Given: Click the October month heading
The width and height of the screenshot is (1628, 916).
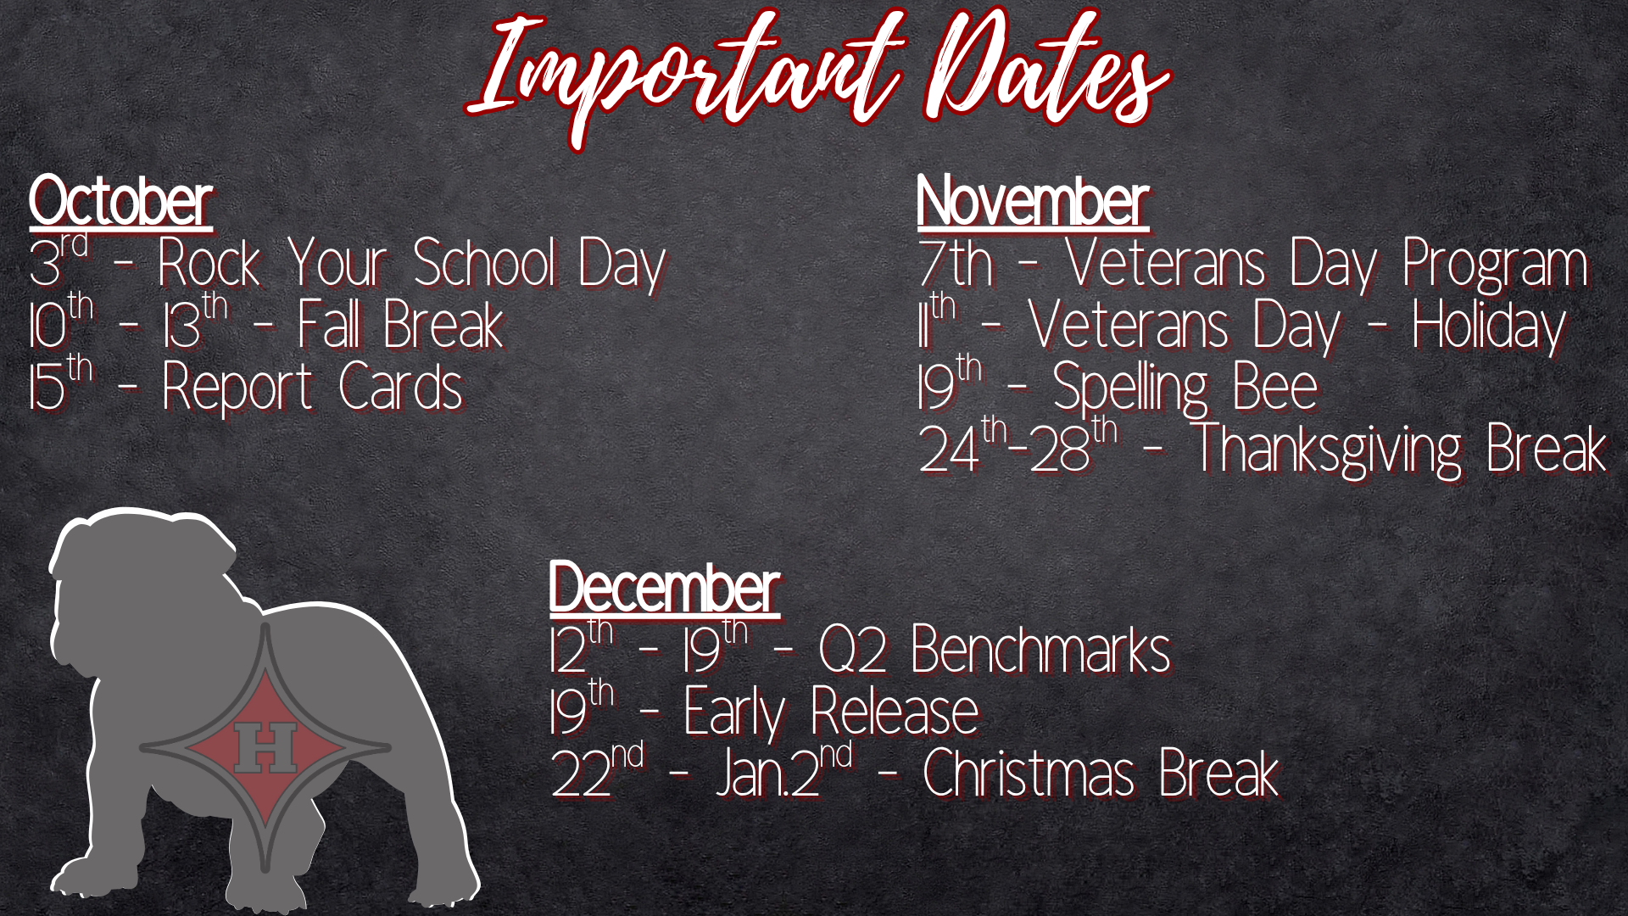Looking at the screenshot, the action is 120,202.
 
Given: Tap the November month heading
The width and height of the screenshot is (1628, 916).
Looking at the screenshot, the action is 1033,202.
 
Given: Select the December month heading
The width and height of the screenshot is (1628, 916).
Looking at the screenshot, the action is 664,587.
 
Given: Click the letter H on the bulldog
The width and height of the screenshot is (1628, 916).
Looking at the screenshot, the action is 265,747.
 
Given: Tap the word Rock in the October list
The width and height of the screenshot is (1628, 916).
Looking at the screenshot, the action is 209,263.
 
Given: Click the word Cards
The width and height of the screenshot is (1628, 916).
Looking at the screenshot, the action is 400,388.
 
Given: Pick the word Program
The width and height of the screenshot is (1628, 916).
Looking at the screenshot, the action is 1495,266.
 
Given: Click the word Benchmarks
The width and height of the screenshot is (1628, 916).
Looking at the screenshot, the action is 1041,651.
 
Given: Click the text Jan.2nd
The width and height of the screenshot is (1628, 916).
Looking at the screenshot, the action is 784,772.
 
